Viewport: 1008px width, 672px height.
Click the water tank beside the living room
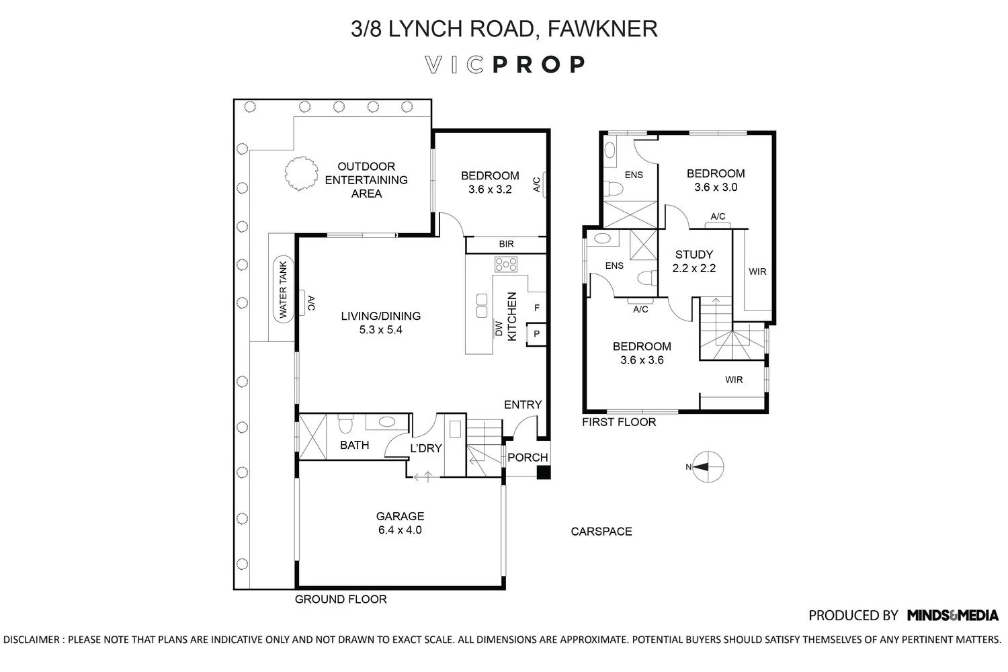[x=283, y=289]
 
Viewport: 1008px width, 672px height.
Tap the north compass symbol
[x=708, y=467]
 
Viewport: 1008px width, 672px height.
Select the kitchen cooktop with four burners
[x=506, y=265]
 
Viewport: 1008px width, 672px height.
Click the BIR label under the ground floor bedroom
[x=506, y=244]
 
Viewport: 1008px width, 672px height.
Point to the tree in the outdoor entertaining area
[x=301, y=173]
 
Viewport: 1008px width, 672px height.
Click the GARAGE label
[x=400, y=516]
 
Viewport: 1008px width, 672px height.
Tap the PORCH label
[x=528, y=458]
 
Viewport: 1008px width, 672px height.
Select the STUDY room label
[x=694, y=254]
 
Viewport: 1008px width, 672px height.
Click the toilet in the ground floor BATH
[x=345, y=424]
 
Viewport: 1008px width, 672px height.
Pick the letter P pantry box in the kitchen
[x=536, y=335]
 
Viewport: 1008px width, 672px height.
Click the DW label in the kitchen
[x=499, y=328]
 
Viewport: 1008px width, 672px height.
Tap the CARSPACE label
[x=601, y=532]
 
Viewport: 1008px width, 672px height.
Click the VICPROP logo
[x=505, y=65]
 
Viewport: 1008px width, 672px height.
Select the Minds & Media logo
[x=953, y=615]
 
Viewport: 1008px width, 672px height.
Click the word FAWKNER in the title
[x=603, y=28]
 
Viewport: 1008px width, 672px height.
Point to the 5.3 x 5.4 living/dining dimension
[x=381, y=330]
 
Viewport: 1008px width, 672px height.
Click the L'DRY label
[x=425, y=448]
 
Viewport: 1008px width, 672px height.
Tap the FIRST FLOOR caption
[x=619, y=422]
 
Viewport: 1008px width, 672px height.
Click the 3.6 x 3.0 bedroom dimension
[x=716, y=187]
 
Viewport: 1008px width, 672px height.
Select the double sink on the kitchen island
[x=482, y=306]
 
